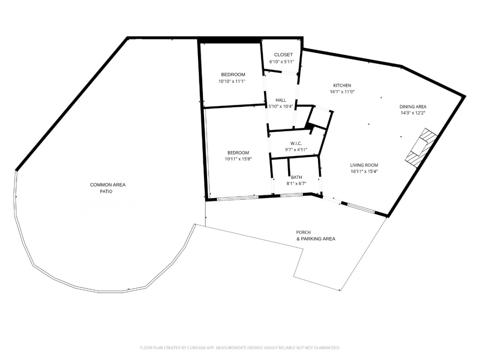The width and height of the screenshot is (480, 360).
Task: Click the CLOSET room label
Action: (x=283, y=55)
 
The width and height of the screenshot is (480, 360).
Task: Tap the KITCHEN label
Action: (x=342, y=86)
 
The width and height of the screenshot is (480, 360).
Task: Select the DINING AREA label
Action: (x=413, y=107)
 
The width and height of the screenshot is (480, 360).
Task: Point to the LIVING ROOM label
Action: (x=364, y=165)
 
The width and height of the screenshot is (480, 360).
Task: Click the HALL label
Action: (x=280, y=100)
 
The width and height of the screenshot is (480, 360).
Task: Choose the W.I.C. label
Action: (x=296, y=144)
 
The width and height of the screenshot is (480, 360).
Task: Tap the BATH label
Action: (x=296, y=177)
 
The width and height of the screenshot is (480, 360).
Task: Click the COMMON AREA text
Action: (x=108, y=185)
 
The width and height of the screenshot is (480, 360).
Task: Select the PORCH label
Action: (x=303, y=232)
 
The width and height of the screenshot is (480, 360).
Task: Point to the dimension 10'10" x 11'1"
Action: (x=232, y=81)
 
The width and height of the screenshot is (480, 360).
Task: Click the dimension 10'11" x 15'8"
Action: (x=238, y=159)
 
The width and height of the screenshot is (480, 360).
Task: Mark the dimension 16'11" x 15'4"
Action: (x=364, y=171)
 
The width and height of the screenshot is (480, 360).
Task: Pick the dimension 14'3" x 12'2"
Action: (x=413, y=113)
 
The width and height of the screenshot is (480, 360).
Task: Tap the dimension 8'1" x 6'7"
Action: (x=296, y=183)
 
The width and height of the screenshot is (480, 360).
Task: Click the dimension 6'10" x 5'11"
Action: (x=282, y=62)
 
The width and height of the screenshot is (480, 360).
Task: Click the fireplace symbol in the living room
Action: (x=420, y=148)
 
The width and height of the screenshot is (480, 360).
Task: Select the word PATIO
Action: (x=106, y=192)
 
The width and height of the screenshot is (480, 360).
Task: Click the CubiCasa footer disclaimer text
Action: (x=240, y=348)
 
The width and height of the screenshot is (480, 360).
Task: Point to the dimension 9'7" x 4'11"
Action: (x=296, y=150)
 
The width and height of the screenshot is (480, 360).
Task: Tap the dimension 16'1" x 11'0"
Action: (x=342, y=92)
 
